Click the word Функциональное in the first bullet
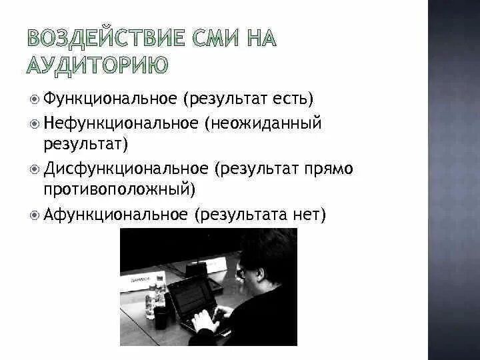(x=110, y=99)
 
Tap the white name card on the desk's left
(x=136, y=281)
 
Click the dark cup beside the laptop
(x=161, y=316)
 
